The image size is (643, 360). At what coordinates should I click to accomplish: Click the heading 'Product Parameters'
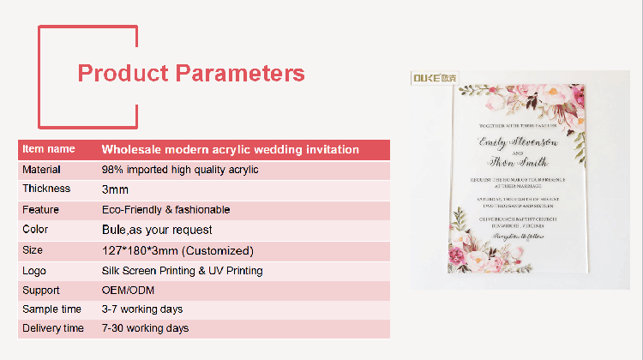coord(191,73)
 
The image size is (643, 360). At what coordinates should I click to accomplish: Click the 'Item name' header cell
coord(48,149)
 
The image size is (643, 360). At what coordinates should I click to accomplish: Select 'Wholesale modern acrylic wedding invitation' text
coord(230,149)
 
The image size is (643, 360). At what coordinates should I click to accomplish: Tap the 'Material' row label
coord(41,170)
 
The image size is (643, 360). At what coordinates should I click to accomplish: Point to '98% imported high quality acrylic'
coord(179,170)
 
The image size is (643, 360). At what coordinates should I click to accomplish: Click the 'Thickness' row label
coord(46,189)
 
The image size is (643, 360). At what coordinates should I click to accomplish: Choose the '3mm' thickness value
coord(115,189)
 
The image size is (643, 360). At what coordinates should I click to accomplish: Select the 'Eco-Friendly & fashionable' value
coord(165,209)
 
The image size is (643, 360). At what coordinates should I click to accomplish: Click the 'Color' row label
coord(35,229)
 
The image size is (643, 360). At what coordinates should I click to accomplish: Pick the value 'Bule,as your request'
coord(157,230)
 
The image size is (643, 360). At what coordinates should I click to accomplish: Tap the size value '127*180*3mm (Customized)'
coord(177,251)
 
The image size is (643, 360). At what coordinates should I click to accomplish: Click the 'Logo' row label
coord(34,270)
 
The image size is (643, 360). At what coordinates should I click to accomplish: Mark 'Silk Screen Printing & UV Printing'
coord(182,271)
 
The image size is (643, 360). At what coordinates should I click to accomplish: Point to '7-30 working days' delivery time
coord(145,328)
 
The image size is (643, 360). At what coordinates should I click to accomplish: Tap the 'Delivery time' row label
coord(53,328)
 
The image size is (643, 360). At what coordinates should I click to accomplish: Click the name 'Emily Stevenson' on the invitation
coord(519,141)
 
